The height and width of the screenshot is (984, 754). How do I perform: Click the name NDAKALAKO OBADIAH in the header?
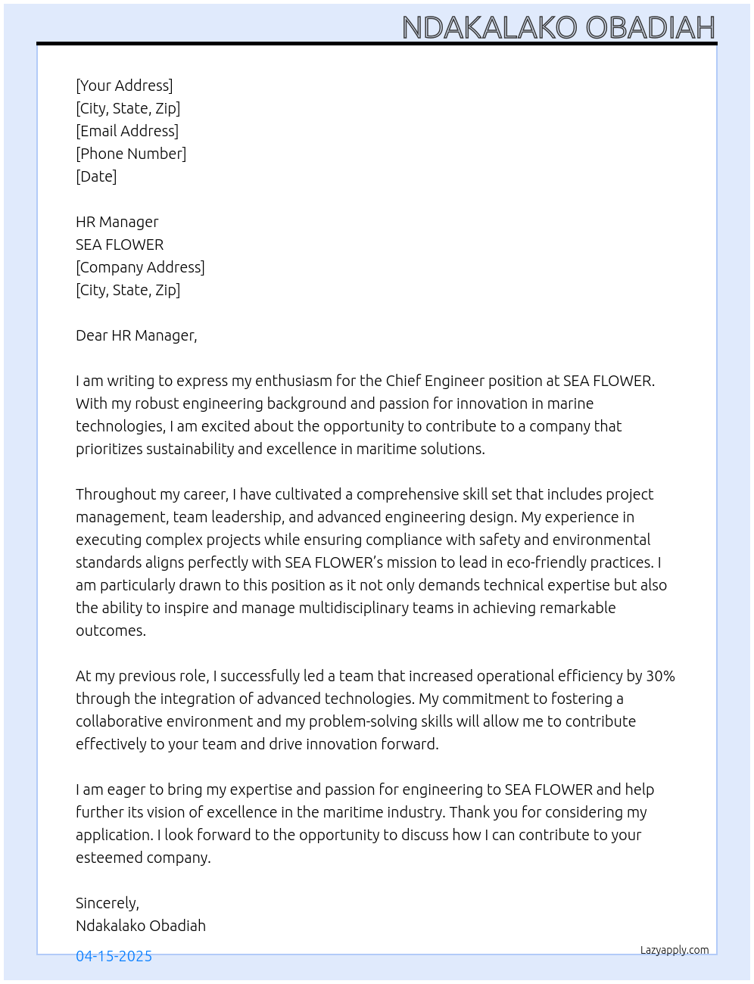coord(558,27)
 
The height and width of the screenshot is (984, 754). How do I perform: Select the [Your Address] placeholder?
coord(124,86)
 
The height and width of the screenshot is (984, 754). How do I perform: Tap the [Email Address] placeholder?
coord(127,131)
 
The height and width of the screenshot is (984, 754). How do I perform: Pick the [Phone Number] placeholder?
coord(131,154)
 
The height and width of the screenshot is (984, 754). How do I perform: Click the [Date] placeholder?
coord(96,176)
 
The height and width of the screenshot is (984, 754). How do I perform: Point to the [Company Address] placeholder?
coord(140,267)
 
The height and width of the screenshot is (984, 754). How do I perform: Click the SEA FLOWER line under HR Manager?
coord(120,244)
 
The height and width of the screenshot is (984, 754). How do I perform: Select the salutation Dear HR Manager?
coord(136,335)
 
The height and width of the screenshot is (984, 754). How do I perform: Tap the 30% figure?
coord(660,676)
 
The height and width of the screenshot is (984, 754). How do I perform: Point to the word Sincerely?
coord(107,903)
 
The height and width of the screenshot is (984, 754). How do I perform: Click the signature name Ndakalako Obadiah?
coord(141,926)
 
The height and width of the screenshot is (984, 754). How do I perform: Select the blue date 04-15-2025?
coord(114,956)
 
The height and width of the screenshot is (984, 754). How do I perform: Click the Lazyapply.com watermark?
coord(675,950)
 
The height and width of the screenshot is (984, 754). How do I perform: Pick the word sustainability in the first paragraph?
coord(189,449)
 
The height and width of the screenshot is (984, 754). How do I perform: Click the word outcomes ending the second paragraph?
coord(110,631)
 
